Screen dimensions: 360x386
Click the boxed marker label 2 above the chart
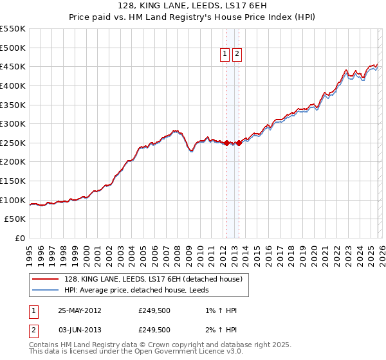click(237, 55)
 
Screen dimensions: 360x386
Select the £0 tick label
click(21, 239)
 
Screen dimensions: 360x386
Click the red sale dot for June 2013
click(239, 143)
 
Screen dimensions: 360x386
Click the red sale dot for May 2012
click(226, 143)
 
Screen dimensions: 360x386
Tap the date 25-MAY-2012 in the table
click(79, 310)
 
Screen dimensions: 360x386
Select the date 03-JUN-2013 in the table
click(79, 330)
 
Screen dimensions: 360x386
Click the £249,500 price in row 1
click(154, 310)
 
